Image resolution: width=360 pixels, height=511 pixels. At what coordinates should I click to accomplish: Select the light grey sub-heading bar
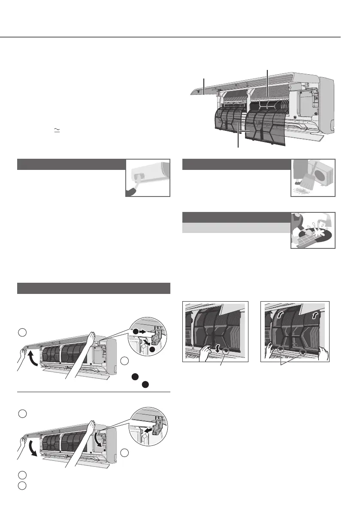coord(236,228)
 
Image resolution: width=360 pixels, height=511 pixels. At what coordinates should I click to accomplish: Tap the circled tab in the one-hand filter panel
coord(226,351)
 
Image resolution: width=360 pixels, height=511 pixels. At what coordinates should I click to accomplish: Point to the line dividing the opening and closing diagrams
coord(94,392)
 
